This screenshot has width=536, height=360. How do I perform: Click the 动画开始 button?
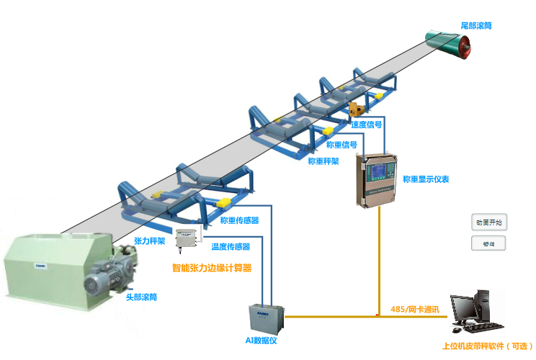489,222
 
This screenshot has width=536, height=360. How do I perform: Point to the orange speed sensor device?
355,109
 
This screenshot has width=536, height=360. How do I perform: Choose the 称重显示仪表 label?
426,179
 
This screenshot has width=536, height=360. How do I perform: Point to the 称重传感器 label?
239,220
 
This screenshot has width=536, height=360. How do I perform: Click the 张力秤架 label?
150,241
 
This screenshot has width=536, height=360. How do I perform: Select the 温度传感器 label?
231,246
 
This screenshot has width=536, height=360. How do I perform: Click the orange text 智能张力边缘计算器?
212,268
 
